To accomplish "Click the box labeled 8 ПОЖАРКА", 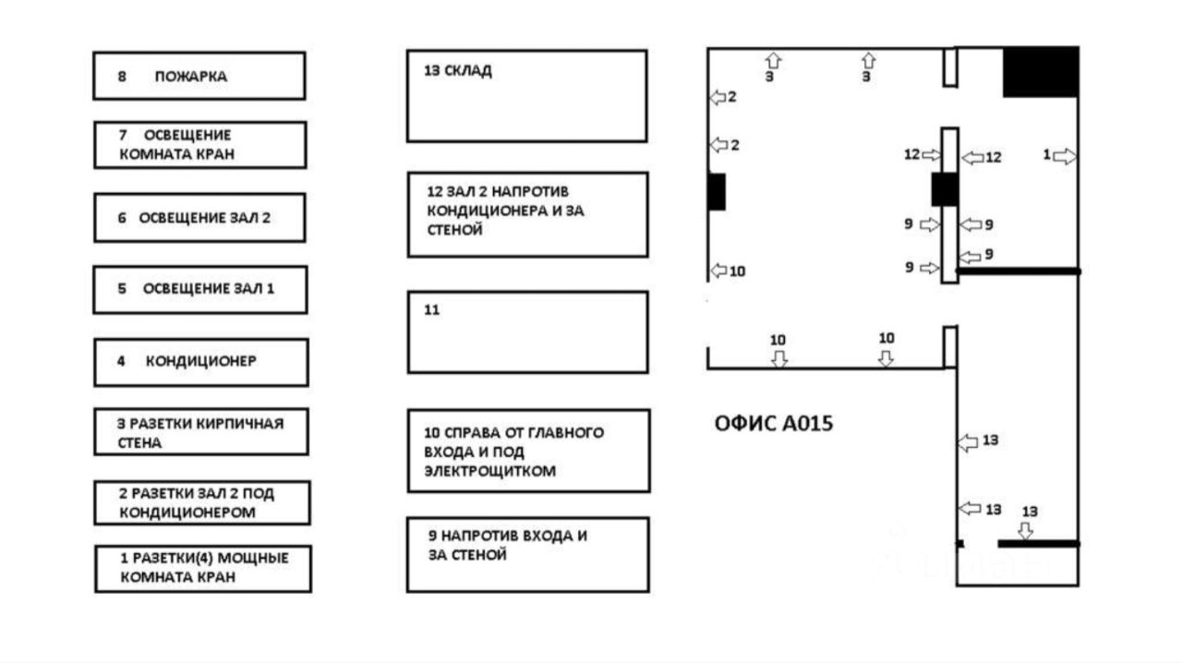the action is (199, 76).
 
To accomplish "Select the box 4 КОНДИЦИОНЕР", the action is (200, 362).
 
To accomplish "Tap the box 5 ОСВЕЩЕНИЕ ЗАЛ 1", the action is (199, 290).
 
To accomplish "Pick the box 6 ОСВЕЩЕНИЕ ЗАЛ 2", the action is (199, 218).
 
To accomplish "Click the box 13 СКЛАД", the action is (526, 96).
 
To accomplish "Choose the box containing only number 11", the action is (527, 332).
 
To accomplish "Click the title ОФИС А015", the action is (773, 424).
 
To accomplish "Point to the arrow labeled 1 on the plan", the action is (1065, 157).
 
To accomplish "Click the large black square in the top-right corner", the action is (1041, 72).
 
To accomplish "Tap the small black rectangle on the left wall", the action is (717, 191).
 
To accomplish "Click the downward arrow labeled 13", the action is (1025, 531).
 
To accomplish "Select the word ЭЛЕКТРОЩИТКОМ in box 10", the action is (489, 471).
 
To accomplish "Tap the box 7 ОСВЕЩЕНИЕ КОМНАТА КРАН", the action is (199, 145).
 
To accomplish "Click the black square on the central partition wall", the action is (945, 189).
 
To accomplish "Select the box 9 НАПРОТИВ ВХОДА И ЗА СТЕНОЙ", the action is (527, 554).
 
